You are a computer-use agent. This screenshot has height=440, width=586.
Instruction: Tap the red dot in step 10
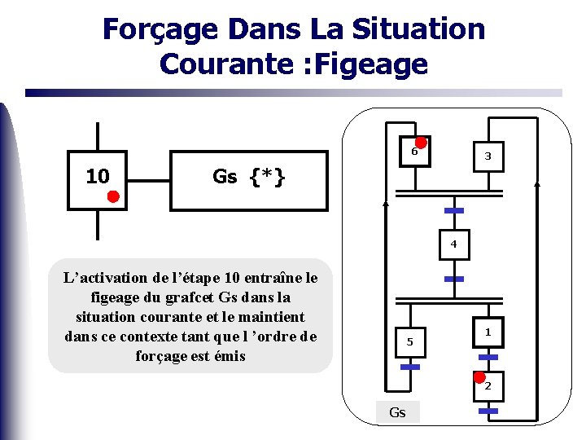114,196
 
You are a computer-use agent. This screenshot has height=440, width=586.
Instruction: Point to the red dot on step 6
421,142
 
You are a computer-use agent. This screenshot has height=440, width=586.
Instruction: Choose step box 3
488,155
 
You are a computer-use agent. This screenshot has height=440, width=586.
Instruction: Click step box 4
453,244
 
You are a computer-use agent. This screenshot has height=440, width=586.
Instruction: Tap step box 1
488,332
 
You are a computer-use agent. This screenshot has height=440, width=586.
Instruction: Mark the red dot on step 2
480,376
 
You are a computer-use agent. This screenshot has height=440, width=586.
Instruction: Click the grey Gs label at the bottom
397,412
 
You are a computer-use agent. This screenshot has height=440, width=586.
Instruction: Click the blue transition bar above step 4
453,211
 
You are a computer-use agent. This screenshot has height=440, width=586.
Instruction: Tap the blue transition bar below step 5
410,367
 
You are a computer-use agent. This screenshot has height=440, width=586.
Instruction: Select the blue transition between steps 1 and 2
488,357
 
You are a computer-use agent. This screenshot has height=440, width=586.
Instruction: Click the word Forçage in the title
160,29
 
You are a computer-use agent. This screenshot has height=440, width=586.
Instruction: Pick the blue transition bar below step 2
488,411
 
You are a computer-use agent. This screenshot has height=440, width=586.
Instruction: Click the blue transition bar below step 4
453,279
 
